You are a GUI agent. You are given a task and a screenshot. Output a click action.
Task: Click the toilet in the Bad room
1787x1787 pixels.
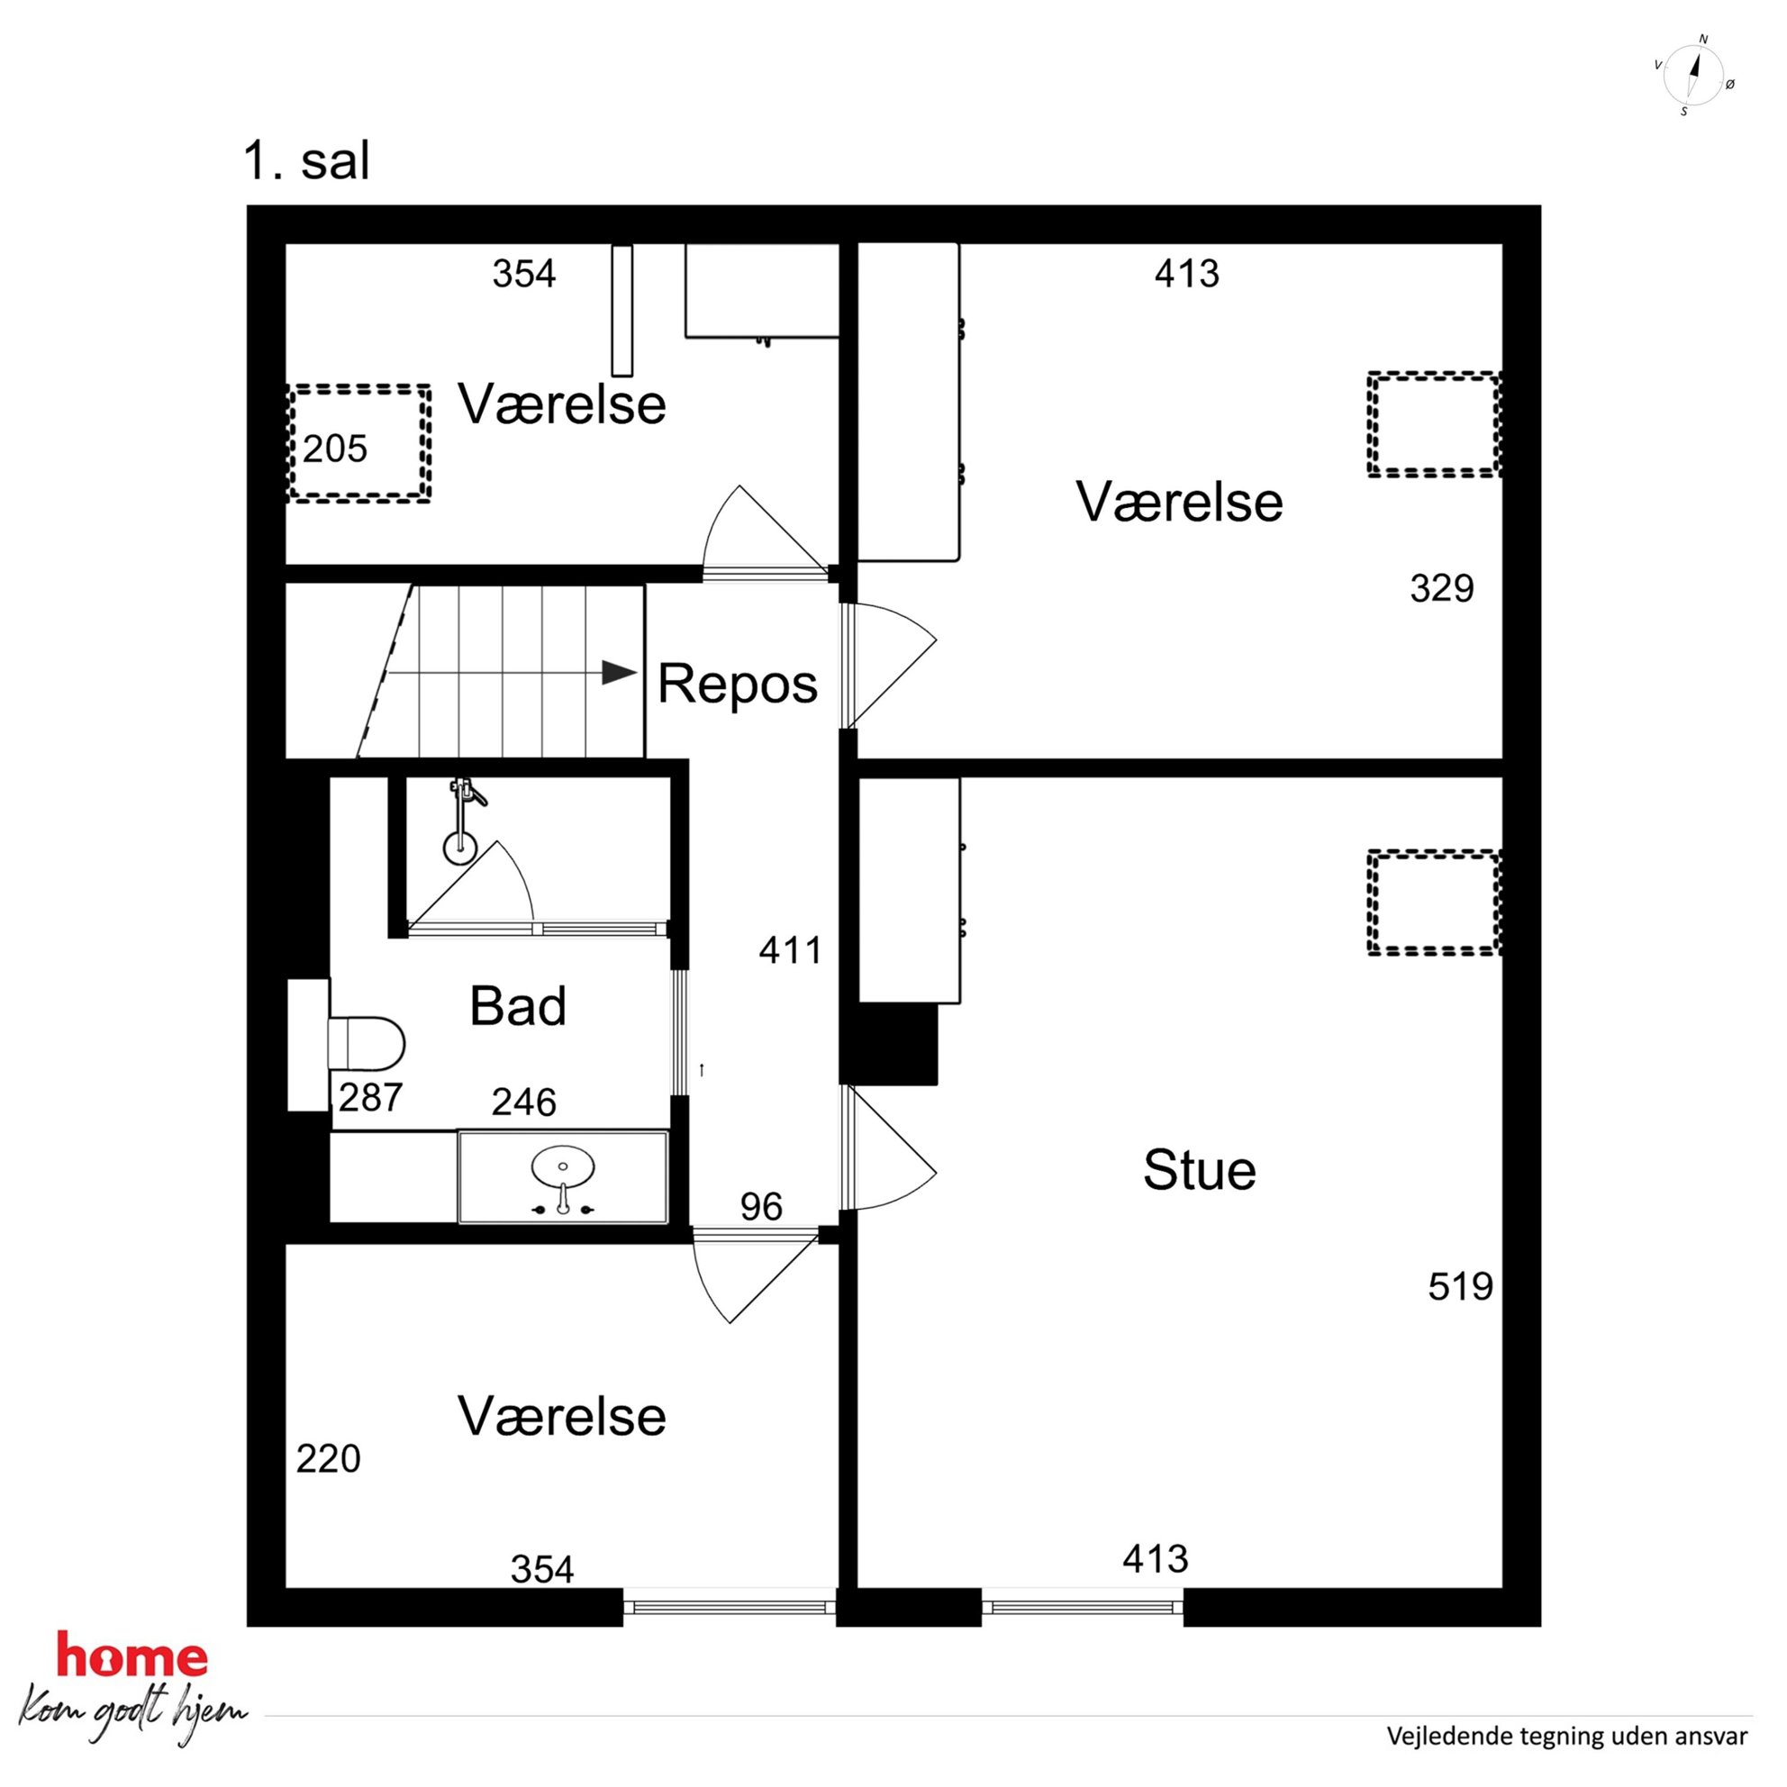[367, 1044]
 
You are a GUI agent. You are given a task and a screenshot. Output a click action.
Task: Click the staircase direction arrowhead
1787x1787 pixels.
[619, 673]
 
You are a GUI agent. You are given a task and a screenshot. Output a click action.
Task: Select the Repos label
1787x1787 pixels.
[737, 685]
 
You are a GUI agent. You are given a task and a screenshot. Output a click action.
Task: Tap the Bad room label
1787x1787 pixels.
[518, 1005]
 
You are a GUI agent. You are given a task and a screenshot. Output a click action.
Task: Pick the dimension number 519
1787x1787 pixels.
[1460, 1286]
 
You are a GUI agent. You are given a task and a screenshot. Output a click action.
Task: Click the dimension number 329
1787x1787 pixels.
[1442, 588]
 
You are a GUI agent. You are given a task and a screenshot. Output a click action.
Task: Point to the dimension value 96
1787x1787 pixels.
[761, 1206]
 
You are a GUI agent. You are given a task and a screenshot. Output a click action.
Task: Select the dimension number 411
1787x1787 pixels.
[791, 950]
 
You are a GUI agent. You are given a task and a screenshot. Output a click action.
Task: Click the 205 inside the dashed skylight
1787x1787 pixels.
[335, 449]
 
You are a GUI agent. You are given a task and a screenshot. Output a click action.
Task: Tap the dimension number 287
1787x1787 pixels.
[370, 1098]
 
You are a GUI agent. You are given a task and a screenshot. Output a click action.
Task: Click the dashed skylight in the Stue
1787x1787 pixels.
[1434, 902]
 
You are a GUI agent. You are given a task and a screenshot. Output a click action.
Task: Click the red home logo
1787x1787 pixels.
[132, 1655]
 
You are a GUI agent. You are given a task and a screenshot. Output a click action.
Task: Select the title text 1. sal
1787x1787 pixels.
[306, 161]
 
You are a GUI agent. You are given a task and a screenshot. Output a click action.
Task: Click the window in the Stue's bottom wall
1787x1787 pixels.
[1082, 1607]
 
